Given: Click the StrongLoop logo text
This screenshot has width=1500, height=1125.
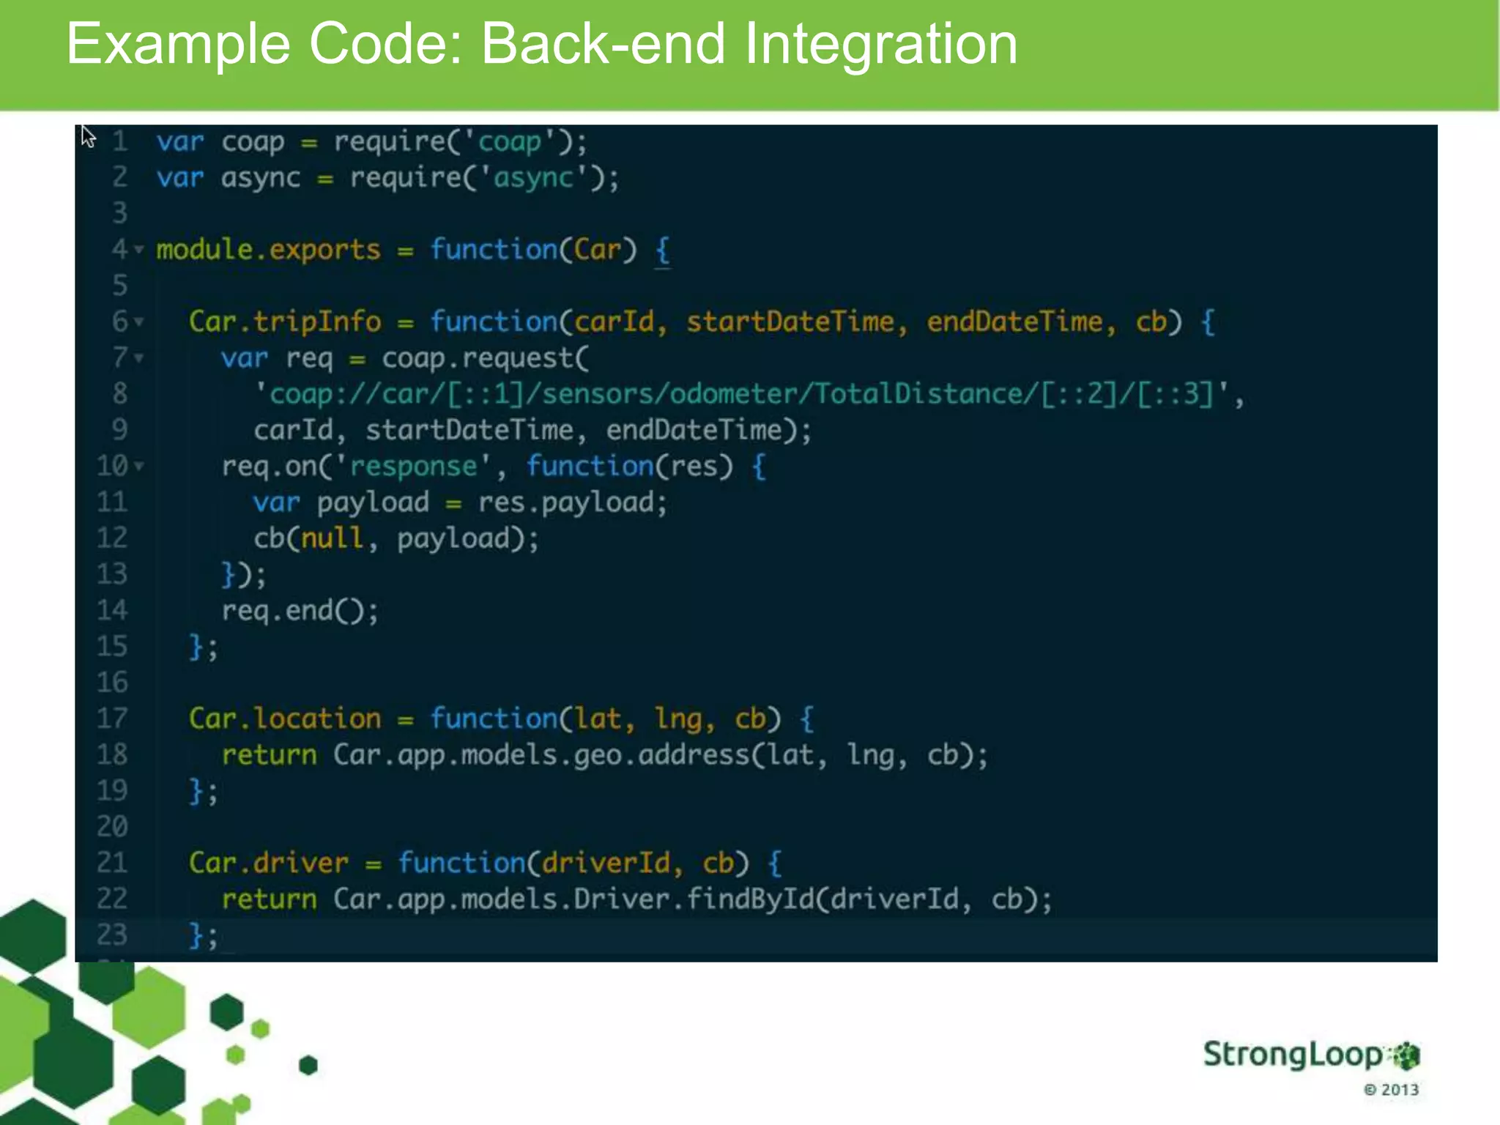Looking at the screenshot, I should coord(1293,1055).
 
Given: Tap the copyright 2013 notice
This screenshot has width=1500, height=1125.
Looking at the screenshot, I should coord(1391,1090).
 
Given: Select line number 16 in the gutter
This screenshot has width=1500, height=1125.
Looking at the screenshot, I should coord(112,683).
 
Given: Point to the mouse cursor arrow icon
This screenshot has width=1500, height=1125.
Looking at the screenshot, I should coord(88,136).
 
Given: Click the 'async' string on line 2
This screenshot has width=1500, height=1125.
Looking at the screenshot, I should coord(533,178).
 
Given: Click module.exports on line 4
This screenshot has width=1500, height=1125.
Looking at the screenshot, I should coord(268,250).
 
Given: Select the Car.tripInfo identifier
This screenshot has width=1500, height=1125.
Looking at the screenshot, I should coord(285,322).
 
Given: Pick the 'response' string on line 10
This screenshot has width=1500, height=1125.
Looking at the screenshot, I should coord(413,467).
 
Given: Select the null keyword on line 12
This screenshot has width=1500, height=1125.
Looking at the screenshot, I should coord(332,539).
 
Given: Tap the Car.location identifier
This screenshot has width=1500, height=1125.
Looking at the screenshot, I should coord(285,719).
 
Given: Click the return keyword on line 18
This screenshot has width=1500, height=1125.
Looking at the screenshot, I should coord(269,755).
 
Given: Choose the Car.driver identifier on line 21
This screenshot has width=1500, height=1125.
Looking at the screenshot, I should coord(269,863).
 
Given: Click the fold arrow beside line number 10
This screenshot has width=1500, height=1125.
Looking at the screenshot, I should coord(139,466).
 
